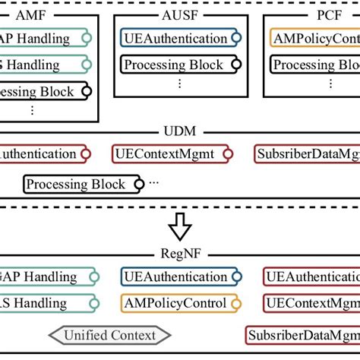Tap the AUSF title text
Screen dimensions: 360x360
click(179, 13)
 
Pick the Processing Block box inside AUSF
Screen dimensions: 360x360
click(175, 66)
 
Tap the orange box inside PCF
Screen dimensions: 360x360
click(313, 37)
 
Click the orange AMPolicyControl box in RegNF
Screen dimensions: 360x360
click(174, 304)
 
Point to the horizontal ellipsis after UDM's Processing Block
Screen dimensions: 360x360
click(155, 183)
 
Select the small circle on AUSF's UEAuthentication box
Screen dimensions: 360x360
click(237, 37)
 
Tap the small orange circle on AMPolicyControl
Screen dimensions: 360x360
click(236, 304)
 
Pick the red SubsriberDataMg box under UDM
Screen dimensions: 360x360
click(308, 154)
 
